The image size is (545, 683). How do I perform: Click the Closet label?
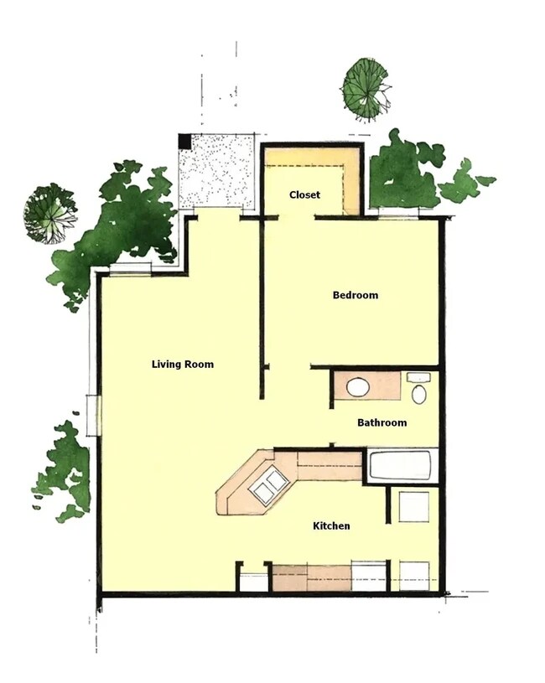[x=304, y=195]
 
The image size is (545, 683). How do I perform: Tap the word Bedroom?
[x=355, y=295]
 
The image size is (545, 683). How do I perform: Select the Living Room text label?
[x=183, y=365]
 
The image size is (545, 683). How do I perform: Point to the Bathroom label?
[x=381, y=422]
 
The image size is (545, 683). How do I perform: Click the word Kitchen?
[x=331, y=526]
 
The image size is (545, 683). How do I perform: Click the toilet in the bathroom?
[x=418, y=391]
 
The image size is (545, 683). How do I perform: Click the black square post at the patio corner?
[x=185, y=142]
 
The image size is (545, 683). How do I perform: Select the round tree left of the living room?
[x=49, y=213]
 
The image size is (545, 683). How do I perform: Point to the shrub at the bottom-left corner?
[x=64, y=473]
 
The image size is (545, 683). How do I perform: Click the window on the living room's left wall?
[x=95, y=415]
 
